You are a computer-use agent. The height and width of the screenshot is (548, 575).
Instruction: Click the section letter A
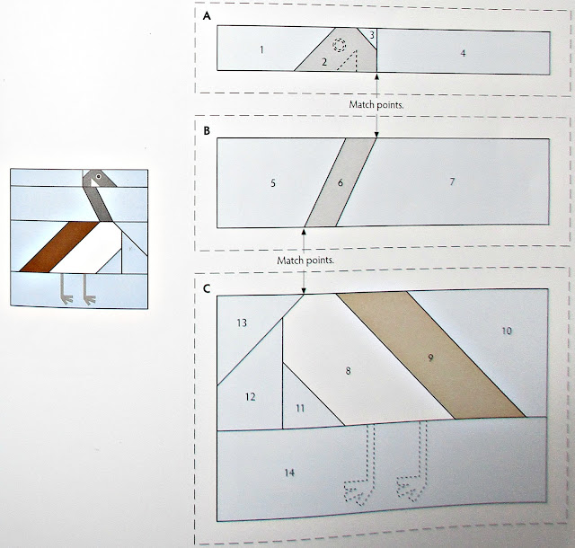(208, 16)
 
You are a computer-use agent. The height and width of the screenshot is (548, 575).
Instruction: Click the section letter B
(207, 130)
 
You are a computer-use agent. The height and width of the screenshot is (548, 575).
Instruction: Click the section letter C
(207, 288)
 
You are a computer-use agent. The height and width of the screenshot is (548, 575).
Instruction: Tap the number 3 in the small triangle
(371, 35)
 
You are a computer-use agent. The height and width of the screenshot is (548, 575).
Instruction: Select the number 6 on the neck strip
(340, 182)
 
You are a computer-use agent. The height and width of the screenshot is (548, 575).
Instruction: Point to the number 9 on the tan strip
(430, 358)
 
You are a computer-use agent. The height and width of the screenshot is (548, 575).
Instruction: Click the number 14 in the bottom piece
(289, 473)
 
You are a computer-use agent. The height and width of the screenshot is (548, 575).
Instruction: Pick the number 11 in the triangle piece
(300, 408)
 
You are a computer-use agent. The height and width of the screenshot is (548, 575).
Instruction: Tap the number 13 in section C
(242, 323)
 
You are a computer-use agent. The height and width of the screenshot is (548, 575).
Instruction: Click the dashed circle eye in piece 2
(340, 45)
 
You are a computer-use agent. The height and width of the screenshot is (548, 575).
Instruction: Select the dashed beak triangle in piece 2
(348, 60)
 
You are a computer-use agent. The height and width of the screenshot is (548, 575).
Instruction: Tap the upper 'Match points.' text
(376, 105)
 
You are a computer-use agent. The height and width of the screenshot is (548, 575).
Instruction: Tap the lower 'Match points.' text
(305, 261)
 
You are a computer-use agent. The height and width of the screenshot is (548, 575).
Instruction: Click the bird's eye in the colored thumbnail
(98, 176)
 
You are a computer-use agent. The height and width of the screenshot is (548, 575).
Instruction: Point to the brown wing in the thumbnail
(59, 247)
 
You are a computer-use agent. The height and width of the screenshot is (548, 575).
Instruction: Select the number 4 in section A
(463, 53)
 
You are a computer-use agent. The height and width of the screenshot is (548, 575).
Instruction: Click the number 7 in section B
(452, 181)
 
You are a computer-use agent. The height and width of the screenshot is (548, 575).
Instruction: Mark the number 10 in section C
(507, 331)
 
